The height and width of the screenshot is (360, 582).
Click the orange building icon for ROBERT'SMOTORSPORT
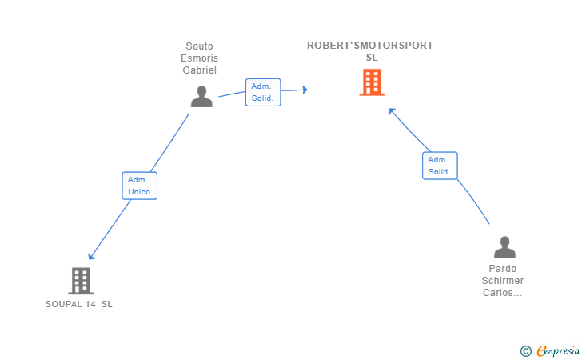[372, 82]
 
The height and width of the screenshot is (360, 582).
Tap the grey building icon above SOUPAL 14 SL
[81, 281]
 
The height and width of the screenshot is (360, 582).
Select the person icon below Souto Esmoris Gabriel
[201, 96]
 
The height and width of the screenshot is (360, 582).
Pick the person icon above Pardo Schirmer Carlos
[504, 246]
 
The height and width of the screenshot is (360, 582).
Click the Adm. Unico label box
[140, 186]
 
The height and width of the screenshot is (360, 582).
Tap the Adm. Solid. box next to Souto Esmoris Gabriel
[263, 92]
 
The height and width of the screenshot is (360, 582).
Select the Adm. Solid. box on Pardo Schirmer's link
[440, 166]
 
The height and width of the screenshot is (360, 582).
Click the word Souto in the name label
[199, 46]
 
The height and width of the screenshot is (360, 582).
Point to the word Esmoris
[199, 58]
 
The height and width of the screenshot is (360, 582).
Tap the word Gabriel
[199, 70]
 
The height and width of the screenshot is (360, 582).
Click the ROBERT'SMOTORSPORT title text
[370, 46]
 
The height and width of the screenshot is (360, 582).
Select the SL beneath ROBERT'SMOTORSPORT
[372, 58]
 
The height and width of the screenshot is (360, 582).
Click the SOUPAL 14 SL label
[78, 304]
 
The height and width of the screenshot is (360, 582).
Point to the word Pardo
[503, 269]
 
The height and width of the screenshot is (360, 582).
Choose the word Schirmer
[503, 281]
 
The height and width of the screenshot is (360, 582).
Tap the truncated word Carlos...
[502, 292]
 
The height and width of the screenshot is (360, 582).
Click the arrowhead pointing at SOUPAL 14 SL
[91, 256]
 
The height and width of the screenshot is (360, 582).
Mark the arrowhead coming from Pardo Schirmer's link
[392, 111]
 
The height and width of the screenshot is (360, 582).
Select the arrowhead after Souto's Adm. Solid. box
[305, 90]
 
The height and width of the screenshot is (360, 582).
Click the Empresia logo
[550, 350]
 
